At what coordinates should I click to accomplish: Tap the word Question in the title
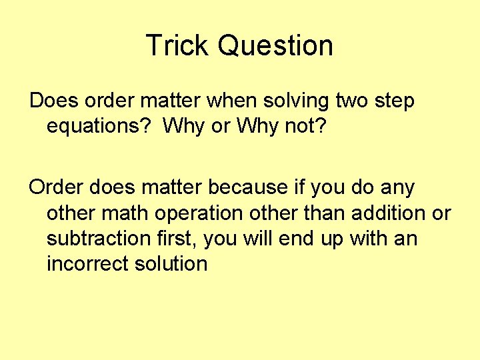(275, 45)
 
